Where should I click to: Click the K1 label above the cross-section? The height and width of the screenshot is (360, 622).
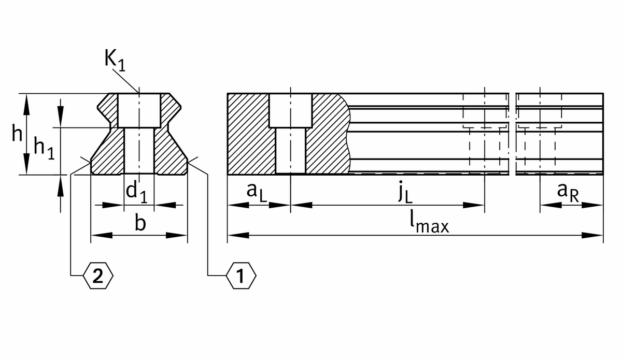coord(115,60)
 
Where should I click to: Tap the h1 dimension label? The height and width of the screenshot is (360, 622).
coord(44,149)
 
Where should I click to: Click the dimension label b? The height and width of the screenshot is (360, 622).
coord(139,223)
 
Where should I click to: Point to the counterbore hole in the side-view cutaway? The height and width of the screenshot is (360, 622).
coord(290,110)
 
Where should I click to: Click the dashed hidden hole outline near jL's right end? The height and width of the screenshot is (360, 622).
coord(484,127)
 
